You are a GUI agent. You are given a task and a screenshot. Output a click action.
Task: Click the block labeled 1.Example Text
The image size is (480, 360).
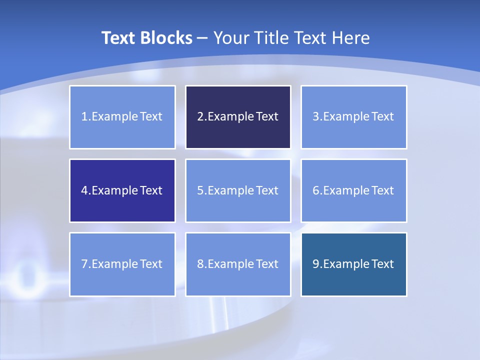122,117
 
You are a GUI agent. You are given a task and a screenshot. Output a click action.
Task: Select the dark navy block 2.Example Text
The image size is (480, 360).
238,117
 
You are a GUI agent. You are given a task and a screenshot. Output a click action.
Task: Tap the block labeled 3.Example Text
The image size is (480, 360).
353,117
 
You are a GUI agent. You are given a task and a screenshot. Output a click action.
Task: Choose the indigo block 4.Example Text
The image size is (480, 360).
122,190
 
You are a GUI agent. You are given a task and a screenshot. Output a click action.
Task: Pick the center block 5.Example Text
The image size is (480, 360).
238,190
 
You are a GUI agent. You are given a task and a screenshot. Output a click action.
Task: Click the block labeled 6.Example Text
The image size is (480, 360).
353,190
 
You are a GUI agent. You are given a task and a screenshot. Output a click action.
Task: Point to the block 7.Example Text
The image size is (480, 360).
122,264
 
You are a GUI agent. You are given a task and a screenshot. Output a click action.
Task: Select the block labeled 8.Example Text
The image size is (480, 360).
238,264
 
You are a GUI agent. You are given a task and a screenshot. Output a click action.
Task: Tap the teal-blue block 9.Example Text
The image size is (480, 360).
353,264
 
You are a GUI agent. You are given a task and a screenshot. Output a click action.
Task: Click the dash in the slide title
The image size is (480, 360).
202,38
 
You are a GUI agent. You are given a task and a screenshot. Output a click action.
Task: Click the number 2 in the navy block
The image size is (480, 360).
200,117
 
